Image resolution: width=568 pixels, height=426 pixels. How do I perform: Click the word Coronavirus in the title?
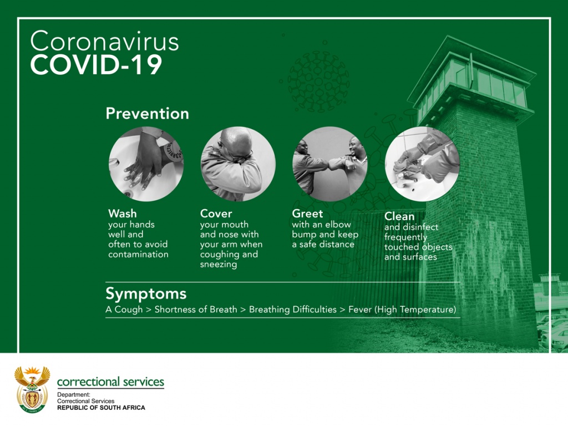104,41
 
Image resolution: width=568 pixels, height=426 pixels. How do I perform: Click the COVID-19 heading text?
96,65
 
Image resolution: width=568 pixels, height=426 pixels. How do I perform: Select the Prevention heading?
147,114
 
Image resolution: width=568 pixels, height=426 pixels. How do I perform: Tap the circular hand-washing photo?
146,164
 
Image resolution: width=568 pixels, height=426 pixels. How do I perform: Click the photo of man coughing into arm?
238,164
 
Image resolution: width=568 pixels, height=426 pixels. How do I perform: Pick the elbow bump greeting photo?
330,164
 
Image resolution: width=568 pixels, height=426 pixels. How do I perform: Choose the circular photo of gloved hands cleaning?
422,164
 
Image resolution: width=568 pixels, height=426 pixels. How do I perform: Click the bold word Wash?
123,214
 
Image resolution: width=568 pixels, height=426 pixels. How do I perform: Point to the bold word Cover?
216,214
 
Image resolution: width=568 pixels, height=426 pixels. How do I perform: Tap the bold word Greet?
307,214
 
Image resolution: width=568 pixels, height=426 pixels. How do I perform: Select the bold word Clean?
399,216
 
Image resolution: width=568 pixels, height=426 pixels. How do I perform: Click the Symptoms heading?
146,294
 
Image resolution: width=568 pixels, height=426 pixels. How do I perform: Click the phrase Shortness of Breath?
196,310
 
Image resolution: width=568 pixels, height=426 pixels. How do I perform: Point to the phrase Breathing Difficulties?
293,310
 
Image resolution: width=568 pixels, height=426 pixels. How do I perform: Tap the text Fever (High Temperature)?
402,310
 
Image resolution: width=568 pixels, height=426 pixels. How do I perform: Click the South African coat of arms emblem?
32,389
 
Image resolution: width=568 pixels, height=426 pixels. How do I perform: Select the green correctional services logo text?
110,382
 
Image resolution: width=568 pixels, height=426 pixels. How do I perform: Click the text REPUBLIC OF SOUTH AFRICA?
101,408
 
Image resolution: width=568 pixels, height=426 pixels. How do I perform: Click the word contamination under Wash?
138,254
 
